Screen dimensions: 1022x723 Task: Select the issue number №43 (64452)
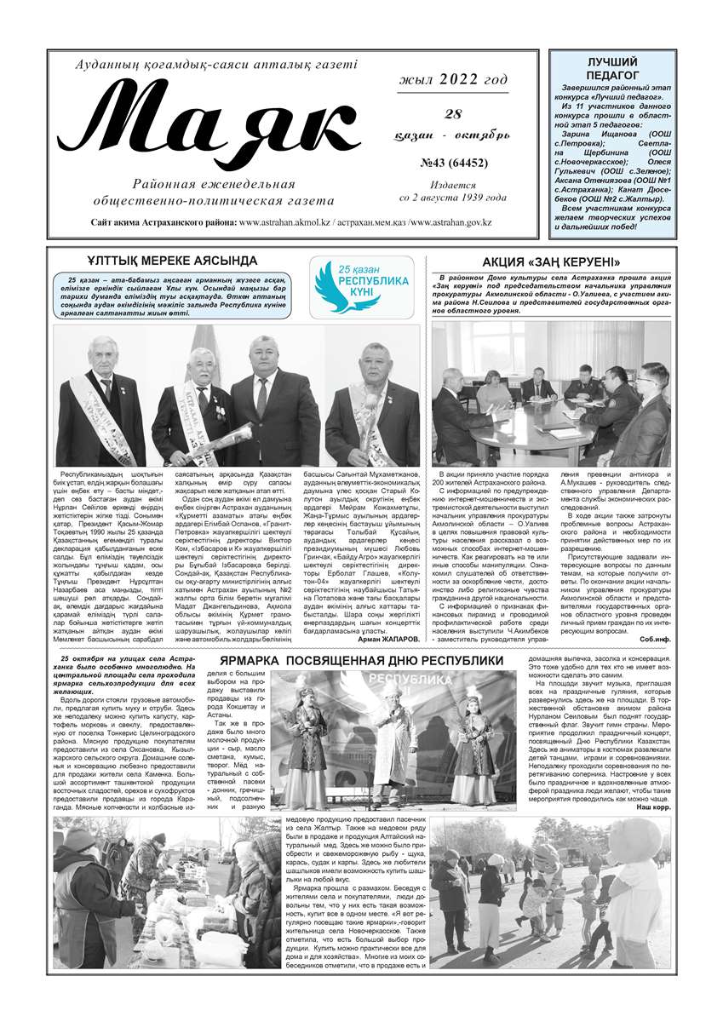[x=452, y=163]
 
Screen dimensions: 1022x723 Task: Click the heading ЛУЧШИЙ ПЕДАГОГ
[x=612, y=69]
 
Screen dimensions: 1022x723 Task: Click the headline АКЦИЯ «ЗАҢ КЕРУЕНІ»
[x=551, y=261]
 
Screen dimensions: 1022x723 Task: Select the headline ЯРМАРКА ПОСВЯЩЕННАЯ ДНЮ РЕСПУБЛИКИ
[x=361, y=661]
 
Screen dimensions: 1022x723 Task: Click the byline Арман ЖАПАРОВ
[x=387, y=638]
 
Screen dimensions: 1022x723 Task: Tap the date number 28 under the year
[x=452, y=115]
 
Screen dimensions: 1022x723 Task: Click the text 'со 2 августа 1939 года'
[x=452, y=198]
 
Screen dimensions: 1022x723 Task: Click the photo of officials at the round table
[x=550, y=393]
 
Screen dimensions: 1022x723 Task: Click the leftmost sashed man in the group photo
[x=100, y=396]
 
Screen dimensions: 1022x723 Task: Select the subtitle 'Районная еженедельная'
[x=214, y=185]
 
